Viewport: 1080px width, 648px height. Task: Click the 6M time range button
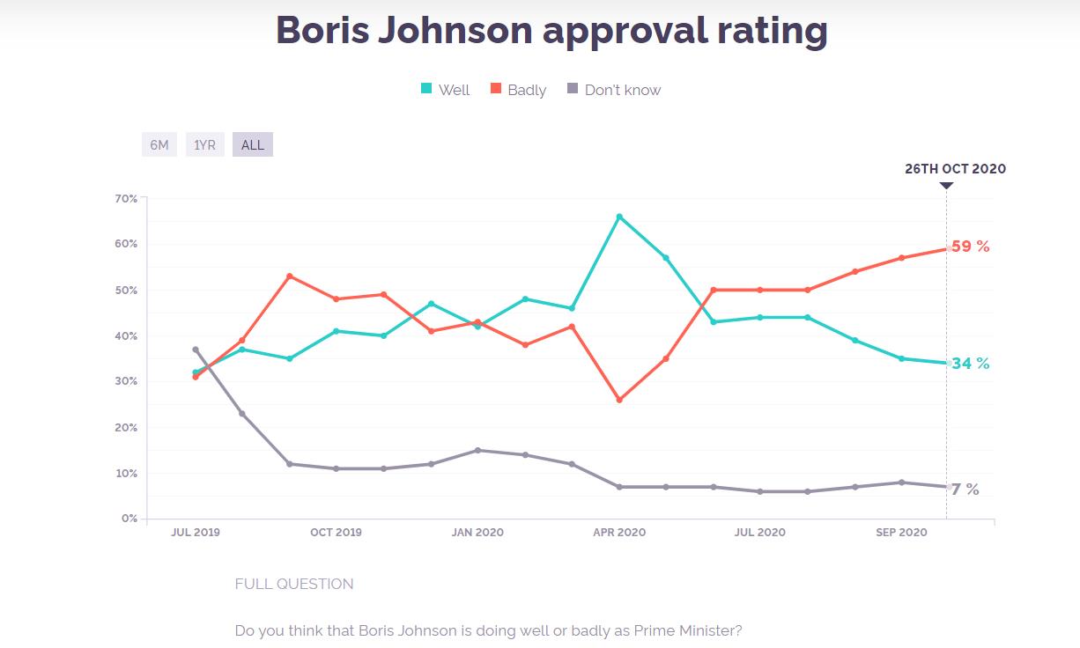pyautogui.click(x=159, y=144)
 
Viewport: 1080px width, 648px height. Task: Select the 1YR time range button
pyautogui.click(x=205, y=144)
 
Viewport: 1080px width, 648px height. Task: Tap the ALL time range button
pyautogui.click(x=253, y=144)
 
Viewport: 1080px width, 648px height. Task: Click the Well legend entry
pyautogui.click(x=446, y=90)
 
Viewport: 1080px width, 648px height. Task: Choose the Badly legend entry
pyautogui.click(x=519, y=90)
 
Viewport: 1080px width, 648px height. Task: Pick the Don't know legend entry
pyautogui.click(x=613, y=90)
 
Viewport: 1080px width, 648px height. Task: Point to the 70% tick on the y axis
pyautogui.click(x=126, y=199)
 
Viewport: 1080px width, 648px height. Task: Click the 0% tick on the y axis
pyautogui.click(x=129, y=519)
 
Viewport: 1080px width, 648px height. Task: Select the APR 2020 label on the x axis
pyautogui.click(x=619, y=533)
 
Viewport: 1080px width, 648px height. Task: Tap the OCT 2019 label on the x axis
pyautogui.click(x=336, y=533)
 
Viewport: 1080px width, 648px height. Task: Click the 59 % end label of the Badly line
pyautogui.click(x=970, y=247)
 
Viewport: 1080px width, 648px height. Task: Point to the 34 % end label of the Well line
pyautogui.click(x=970, y=364)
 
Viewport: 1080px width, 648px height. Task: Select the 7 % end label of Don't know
pyautogui.click(x=965, y=490)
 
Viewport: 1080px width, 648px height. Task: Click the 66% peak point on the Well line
pyautogui.click(x=619, y=216)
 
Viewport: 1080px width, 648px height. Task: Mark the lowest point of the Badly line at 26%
pyautogui.click(x=619, y=400)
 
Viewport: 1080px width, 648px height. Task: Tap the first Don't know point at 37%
pyautogui.click(x=196, y=350)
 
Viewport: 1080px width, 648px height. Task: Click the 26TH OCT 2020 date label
pyautogui.click(x=955, y=169)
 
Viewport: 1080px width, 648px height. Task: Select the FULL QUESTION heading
pyautogui.click(x=294, y=584)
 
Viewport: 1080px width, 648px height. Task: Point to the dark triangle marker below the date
pyautogui.click(x=946, y=186)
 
